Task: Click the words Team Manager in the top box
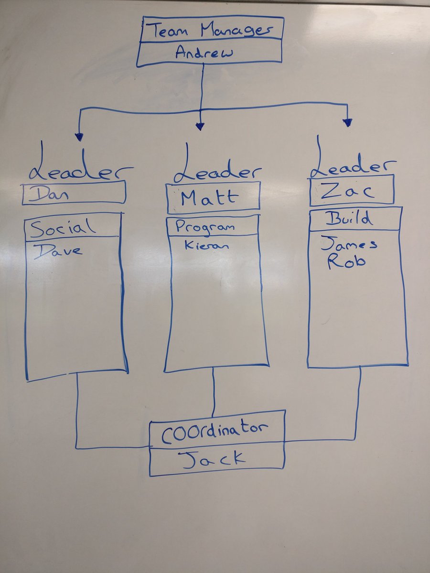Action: coord(210,31)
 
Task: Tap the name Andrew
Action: coord(204,53)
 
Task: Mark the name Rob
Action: coord(340,262)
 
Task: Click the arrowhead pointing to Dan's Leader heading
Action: coord(79,137)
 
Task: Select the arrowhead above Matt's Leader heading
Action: coord(200,126)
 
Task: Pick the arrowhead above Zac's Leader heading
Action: coord(348,123)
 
